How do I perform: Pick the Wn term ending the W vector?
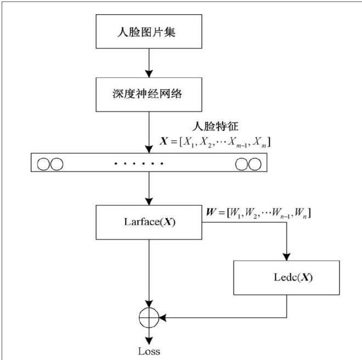pyautogui.click(x=303, y=212)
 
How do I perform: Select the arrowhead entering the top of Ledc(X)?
pyautogui.click(x=287, y=256)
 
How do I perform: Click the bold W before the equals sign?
pyautogui.click(x=209, y=211)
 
